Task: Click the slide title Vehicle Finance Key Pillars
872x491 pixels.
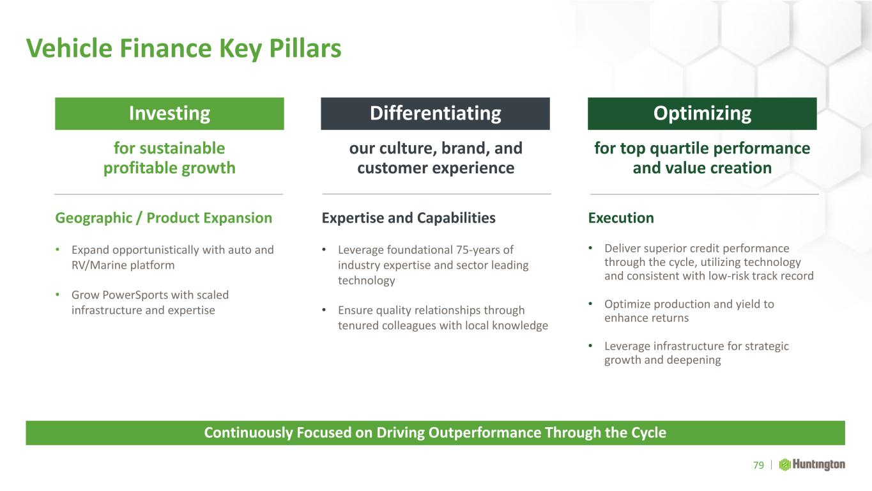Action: pos(184,49)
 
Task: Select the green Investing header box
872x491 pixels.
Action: pos(169,113)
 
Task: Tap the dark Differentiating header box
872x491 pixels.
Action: pos(435,113)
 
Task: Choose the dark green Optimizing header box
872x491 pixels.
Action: pos(702,113)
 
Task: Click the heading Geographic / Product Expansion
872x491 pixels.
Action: pos(164,218)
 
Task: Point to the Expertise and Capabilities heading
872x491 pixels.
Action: pos(408,218)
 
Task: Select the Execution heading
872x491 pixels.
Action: pos(621,218)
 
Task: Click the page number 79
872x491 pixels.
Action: pos(758,465)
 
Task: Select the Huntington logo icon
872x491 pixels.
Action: pos(784,465)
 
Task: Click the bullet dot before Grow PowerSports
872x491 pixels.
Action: pos(57,295)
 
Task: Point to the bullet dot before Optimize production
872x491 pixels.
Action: pos(590,304)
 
